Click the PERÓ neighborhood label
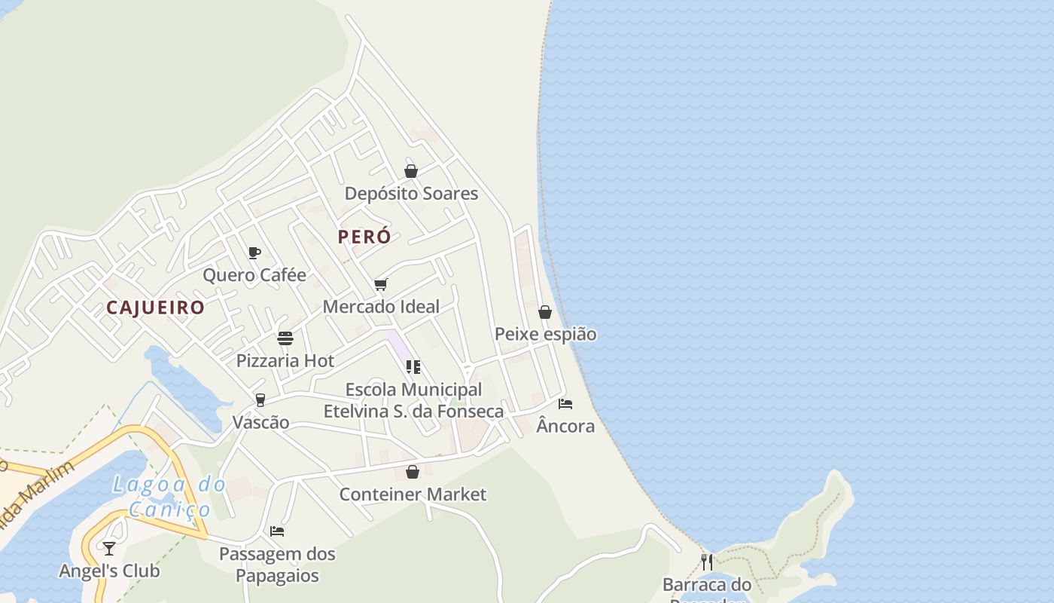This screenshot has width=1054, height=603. tap(364, 237)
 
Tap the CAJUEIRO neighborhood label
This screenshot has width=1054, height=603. tap(155, 308)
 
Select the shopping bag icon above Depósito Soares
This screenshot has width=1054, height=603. tap(411, 171)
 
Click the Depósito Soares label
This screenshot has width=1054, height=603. tap(411, 194)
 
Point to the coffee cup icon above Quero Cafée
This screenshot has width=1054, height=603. tap(254, 253)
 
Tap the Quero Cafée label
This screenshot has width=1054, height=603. tap(254, 275)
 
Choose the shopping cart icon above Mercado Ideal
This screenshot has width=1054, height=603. tap(381, 284)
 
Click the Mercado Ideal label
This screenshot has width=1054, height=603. tap(381, 307)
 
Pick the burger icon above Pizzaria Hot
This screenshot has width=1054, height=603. tap(285, 338)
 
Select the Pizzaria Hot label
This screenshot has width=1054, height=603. tap(285, 361)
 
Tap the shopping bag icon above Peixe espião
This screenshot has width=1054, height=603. tap(545, 312)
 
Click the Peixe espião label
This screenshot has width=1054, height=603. tap(545, 334)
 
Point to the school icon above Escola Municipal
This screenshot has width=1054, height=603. tap(413, 367)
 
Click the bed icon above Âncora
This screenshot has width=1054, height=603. tap(565, 404)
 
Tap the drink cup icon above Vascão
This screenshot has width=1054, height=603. tap(260, 399)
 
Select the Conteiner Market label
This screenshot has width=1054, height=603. tap(413, 494)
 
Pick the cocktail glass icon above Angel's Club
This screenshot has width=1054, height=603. tap(109, 548)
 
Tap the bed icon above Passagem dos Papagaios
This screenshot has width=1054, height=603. tap(277, 531)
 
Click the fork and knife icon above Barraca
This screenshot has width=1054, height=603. tap(707, 562)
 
